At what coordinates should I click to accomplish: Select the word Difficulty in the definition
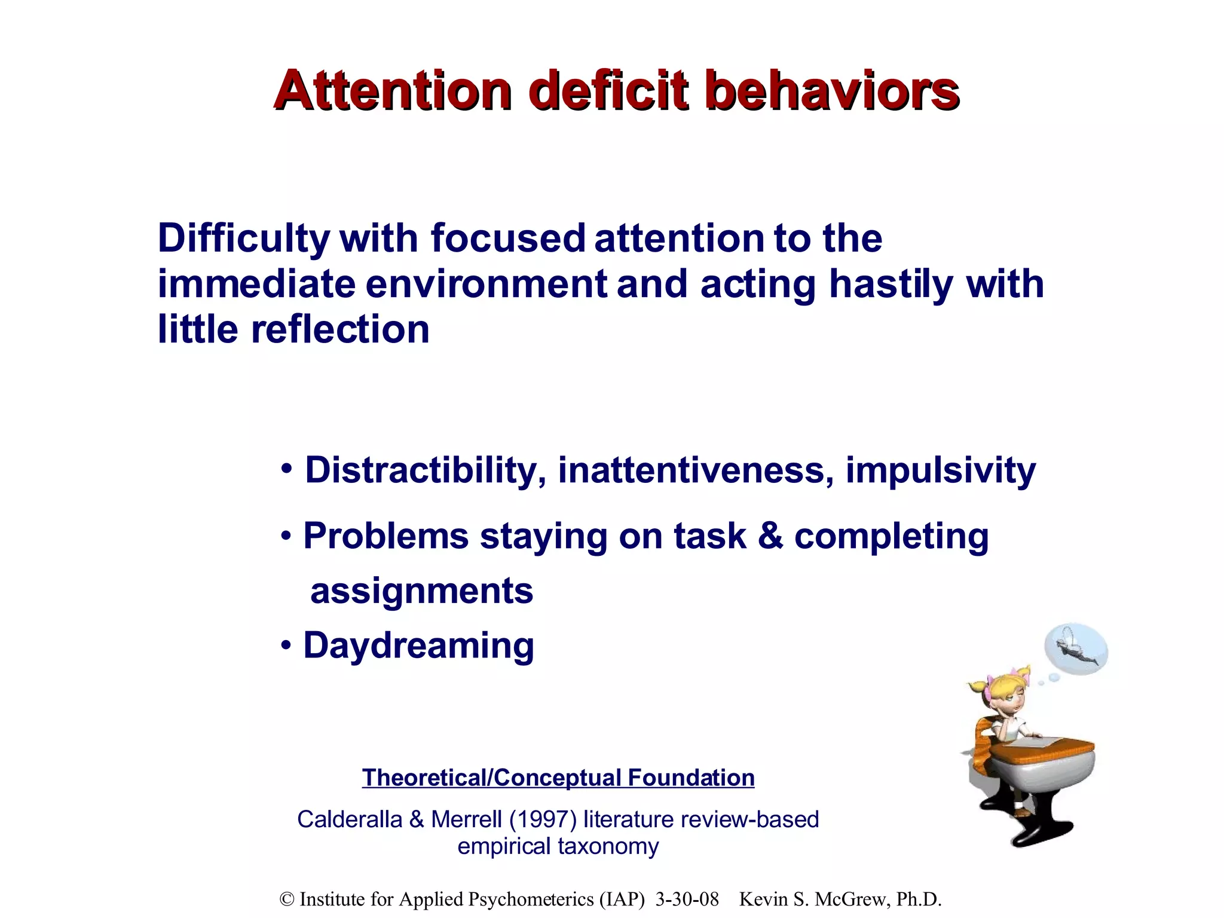[243, 239]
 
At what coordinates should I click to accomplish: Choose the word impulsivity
[940, 470]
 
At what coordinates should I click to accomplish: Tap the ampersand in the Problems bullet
[770, 535]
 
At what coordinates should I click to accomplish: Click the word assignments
[421, 591]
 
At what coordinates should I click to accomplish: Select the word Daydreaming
[418, 646]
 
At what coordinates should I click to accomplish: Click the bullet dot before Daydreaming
[287, 646]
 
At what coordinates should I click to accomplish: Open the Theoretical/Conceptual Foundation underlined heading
[558, 778]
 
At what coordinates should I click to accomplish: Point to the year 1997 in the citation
[543, 819]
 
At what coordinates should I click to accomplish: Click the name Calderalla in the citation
[350, 819]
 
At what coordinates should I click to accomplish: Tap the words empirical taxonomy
[558, 847]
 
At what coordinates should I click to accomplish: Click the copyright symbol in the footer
[287, 899]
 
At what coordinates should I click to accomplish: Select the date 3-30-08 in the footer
[687, 899]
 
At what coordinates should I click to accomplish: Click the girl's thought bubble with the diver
[1076, 650]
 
